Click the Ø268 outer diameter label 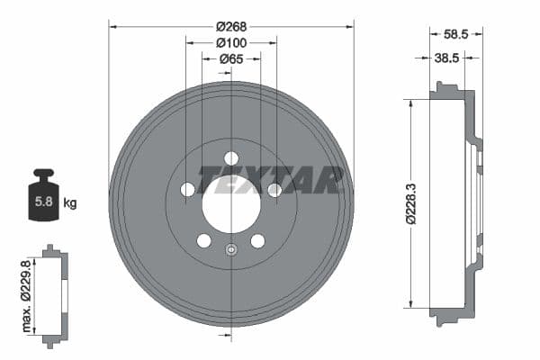(x=231, y=26)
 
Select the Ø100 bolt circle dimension (x=231, y=42)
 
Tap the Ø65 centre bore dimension (x=231, y=58)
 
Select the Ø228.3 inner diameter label (x=409, y=202)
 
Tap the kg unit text (x=69, y=203)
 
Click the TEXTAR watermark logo (x=271, y=180)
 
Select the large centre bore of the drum (x=231, y=205)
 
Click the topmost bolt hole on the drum (x=231, y=158)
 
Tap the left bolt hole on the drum (x=187, y=190)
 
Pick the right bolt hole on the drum (x=275, y=190)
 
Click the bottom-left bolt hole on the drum (x=204, y=241)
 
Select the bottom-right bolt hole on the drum (x=258, y=241)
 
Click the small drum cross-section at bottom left (x=55, y=292)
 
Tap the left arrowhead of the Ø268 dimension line (x=112, y=26)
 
